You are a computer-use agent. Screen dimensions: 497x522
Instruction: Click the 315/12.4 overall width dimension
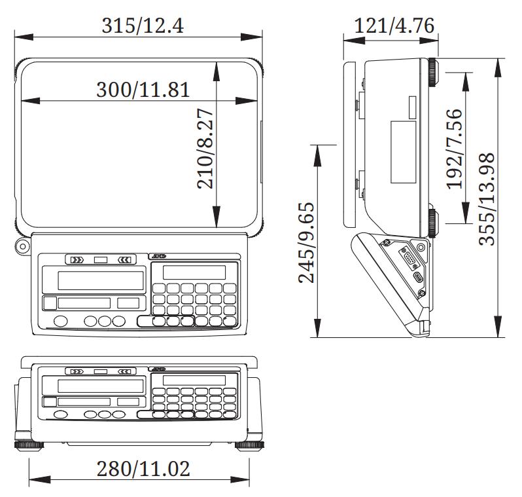[143, 26]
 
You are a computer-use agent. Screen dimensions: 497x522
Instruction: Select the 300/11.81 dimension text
[143, 90]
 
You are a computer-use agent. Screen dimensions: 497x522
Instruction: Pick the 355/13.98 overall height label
[487, 198]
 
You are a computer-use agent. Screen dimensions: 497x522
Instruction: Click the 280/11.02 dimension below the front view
[143, 469]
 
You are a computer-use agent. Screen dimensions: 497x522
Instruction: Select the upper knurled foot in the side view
[434, 72]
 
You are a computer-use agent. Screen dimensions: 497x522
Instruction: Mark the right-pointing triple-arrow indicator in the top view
[77, 260]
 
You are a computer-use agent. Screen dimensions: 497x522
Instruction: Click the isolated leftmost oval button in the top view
[60, 321]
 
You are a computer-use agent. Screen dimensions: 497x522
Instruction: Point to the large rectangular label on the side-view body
[404, 153]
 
